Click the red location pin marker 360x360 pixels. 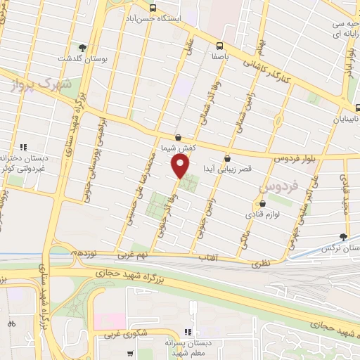pyautogui.click(x=181, y=167)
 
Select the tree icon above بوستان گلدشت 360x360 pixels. pyautogui.click(x=84, y=48)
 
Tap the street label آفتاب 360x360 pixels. pyautogui.click(x=210, y=259)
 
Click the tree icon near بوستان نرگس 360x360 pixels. pyautogui.click(x=343, y=238)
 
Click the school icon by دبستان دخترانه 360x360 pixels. pyautogui.click(x=23, y=147)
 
